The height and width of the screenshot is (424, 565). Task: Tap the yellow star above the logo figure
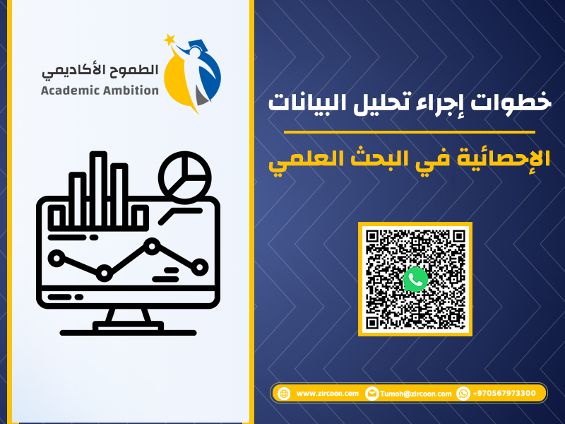[x=169, y=40]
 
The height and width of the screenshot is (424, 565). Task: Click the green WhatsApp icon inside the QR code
[x=415, y=279]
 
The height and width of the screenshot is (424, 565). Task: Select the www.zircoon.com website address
[x=327, y=394]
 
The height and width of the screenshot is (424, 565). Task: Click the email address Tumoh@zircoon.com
[x=416, y=394]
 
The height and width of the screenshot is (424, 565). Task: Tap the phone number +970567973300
[x=504, y=393]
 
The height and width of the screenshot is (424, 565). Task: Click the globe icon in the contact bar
[x=284, y=394]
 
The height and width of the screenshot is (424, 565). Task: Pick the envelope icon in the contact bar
[x=372, y=394]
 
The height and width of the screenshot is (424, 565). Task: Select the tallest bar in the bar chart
[x=98, y=190]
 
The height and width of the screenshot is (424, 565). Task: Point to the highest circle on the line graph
[x=152, y=246]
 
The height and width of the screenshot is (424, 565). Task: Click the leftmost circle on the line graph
[x=56, y=258]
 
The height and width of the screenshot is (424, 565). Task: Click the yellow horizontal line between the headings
[x=410, y=132]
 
